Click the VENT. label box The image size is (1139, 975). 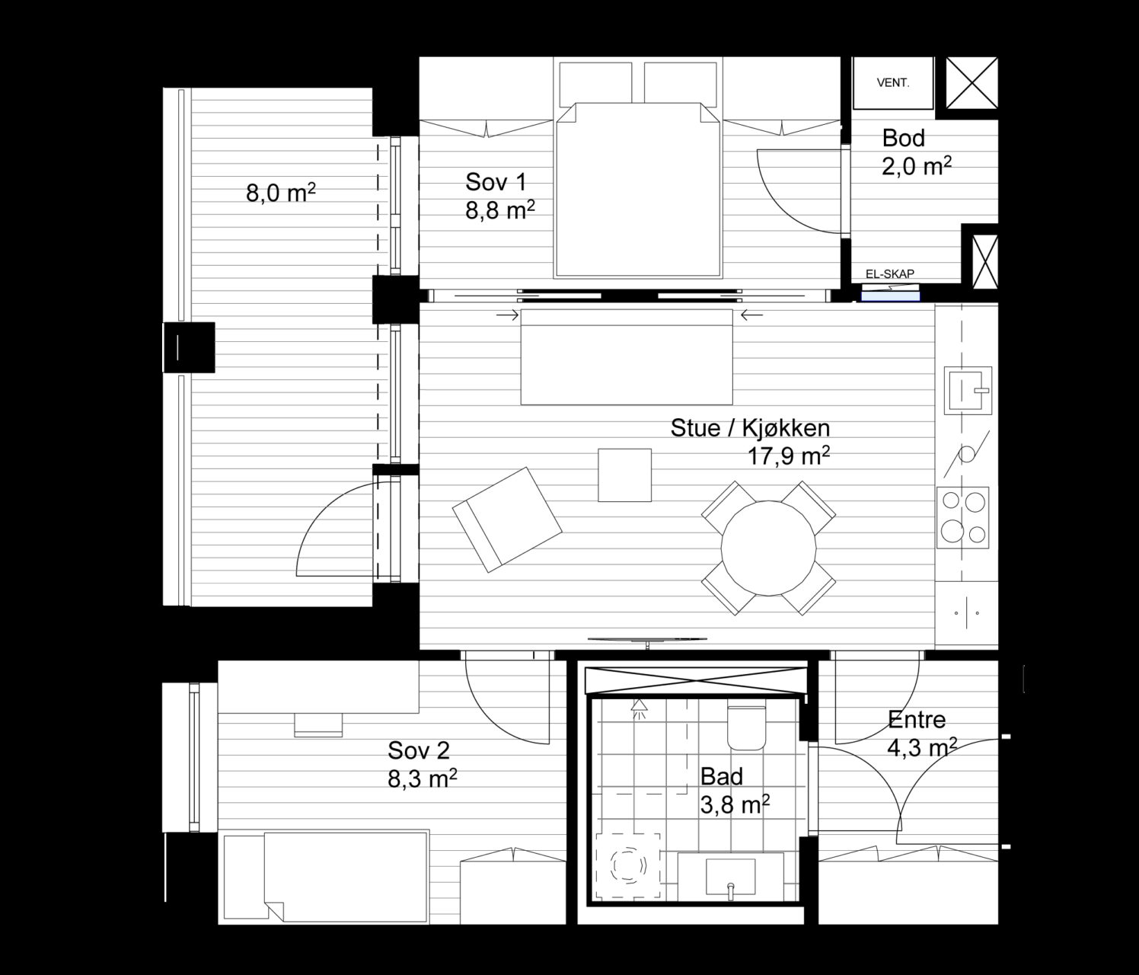(892, 83)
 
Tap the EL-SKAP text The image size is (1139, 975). (889, 274)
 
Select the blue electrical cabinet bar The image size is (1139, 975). (891, 297)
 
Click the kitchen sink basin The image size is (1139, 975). (968, 390)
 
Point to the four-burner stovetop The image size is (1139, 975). (962, 517)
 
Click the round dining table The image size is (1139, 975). (768, 548)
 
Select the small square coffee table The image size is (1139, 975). (624, 475)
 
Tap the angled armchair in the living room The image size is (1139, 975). (507, 519)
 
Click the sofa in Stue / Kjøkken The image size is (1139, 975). (627, 357)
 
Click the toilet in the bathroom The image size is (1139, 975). (747, 727)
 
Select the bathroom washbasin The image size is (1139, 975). (731, 876)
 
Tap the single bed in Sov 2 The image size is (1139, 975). (326, 876)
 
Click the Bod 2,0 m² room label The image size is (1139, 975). (917, 152)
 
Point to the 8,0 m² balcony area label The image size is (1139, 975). (280, 193)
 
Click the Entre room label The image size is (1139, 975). (917, 720)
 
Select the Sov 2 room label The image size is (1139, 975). (418, 750)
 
